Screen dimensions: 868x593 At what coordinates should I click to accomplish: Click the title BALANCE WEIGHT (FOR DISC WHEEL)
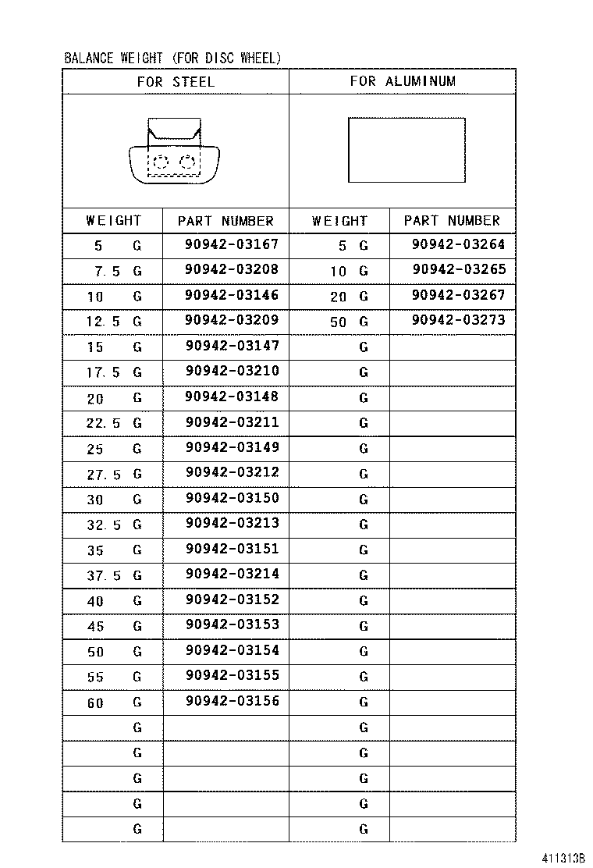pos(172,59)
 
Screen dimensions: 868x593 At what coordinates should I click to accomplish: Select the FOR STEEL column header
pos(175,81)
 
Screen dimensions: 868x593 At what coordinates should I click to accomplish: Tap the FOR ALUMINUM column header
pos(402,81)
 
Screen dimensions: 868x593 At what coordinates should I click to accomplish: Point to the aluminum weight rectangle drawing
pos(407,150)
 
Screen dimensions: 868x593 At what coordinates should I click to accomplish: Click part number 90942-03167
pos(232,244)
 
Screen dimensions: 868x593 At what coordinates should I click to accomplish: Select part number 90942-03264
pos(458,244)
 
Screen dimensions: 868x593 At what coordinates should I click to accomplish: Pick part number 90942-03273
pos(458,319)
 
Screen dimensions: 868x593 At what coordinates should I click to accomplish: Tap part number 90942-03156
pos(232,700)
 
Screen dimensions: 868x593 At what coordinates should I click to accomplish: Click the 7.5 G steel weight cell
pos(113,272)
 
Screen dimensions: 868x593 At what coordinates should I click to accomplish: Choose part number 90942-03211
pos(232,422)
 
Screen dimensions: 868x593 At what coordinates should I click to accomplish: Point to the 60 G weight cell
pos(113,703)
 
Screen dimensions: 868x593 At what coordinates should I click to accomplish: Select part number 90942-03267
pos(458,295)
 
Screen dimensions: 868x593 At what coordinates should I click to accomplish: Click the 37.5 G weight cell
pos(113,575)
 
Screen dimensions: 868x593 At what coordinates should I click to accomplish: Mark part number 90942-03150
pos(232,497)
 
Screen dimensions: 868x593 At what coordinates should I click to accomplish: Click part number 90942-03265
pos(458,269)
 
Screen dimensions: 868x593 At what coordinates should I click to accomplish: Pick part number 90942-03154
pos(232,650)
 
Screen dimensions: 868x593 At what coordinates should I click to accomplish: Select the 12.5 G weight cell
pos(113,322)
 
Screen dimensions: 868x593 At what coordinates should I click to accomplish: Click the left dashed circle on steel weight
pos(160,162)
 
